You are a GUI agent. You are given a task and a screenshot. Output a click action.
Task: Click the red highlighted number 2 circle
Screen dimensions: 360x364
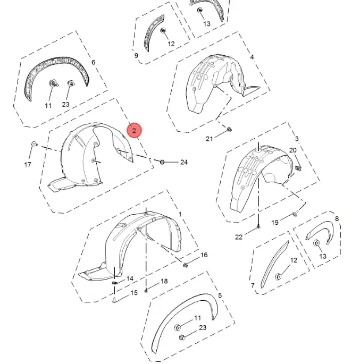134,130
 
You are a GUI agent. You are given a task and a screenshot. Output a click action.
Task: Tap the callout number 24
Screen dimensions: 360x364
183,162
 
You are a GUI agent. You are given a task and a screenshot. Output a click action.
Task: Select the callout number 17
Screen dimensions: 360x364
28,165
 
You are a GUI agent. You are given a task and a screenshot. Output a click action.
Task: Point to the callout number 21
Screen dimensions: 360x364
210,139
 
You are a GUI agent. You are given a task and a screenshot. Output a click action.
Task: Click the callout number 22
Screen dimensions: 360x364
239,237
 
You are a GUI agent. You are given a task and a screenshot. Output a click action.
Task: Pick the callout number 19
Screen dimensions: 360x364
275,223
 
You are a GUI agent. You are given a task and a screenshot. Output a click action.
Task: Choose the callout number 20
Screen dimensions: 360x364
292,150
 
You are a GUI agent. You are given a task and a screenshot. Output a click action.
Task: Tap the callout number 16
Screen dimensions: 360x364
204,255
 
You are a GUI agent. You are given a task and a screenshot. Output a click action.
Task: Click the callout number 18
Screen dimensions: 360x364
164,281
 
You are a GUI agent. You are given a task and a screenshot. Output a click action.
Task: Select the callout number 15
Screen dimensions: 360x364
134,292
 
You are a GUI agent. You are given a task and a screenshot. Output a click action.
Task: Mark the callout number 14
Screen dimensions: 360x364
130,278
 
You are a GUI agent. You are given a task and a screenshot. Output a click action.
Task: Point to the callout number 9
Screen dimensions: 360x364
136,55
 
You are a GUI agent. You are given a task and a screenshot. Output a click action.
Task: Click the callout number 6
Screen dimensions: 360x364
93,62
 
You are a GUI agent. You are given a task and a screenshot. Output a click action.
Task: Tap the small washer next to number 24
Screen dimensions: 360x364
162,162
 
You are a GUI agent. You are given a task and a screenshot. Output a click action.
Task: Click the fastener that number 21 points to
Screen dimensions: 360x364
229,129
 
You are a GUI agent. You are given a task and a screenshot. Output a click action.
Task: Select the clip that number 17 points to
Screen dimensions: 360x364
35,144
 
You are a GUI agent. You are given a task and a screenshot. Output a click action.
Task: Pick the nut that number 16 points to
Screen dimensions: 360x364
186,265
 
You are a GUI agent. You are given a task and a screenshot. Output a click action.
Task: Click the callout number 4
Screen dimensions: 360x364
252,57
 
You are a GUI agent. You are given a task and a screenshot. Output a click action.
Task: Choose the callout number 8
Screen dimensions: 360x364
337,218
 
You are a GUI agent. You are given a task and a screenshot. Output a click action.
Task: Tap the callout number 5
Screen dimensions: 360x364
220,295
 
